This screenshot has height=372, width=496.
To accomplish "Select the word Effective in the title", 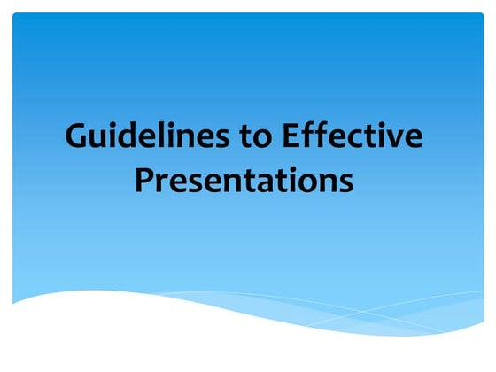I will point(352,140).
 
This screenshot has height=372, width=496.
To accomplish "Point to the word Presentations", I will point(244,182).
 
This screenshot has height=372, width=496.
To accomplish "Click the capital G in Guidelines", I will point(78,140).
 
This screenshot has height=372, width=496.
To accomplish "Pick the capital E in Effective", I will point(291,140).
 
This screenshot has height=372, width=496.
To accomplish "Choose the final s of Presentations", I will point(345,183).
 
